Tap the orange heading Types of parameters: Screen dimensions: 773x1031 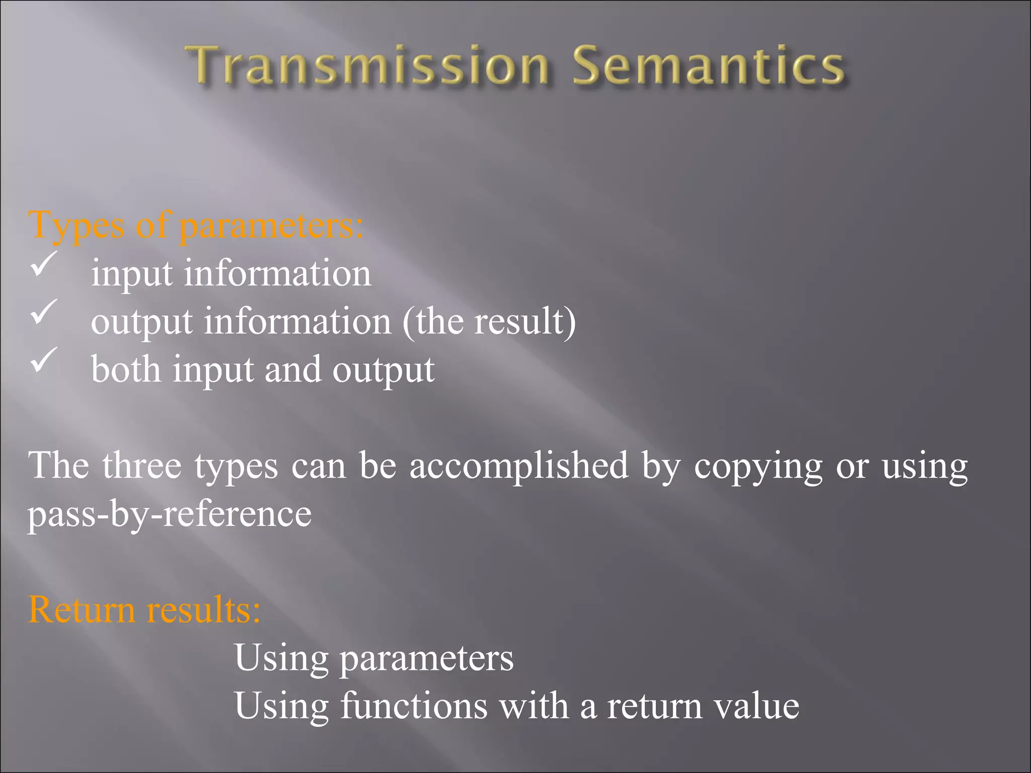pos(195,225)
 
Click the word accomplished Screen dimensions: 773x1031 pos(519,466)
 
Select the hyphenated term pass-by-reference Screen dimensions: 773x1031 pos(170,514)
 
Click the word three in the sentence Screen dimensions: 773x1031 pos(141,466)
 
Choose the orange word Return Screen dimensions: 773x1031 pos(82,609)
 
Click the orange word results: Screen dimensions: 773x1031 pos(203,609)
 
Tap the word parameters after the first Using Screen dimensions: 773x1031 pos(427,659)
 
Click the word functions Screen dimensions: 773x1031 pos(414,706)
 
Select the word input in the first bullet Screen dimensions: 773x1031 pos(132,274)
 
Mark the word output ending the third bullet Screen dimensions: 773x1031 pos(383,370)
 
